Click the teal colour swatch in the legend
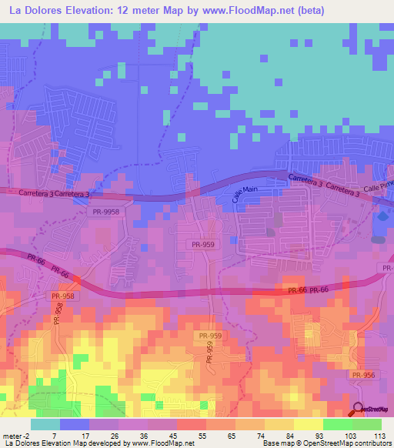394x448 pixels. [x=45, y=423]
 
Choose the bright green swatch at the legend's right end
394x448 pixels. [x=366, y=423]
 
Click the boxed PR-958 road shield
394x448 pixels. [x=62, y=296]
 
